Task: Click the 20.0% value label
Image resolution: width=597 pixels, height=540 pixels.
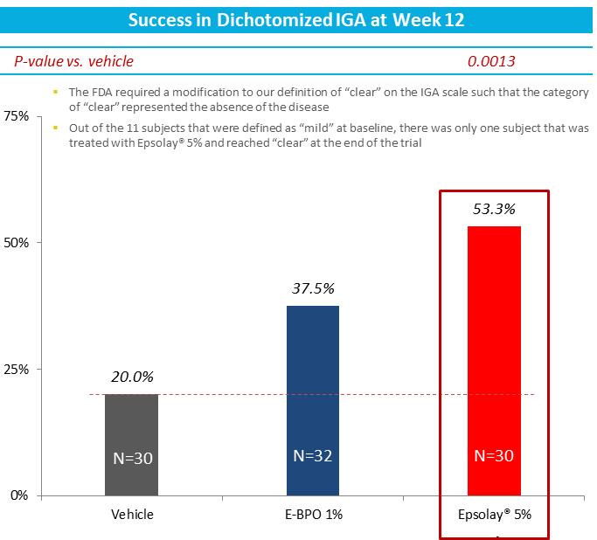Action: (132, 377)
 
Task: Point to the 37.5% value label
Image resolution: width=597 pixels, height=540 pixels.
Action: (313, 289)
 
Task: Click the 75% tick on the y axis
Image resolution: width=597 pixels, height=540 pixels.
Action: (17, 116)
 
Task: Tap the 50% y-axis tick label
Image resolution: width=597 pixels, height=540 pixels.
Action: (17, 242)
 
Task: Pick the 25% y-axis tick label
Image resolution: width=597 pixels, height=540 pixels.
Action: (17, 369)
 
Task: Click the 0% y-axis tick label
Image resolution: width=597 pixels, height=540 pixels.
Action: (20, 495)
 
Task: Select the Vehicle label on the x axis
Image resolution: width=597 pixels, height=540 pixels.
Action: (132, 514)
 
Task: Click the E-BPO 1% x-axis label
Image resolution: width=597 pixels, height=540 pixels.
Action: (313, 514)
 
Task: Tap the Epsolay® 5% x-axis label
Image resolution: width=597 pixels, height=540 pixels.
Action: (495, 514)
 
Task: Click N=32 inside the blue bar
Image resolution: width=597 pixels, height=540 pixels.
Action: (313, 455)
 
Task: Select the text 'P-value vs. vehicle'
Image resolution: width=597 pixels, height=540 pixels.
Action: (73, 61)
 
